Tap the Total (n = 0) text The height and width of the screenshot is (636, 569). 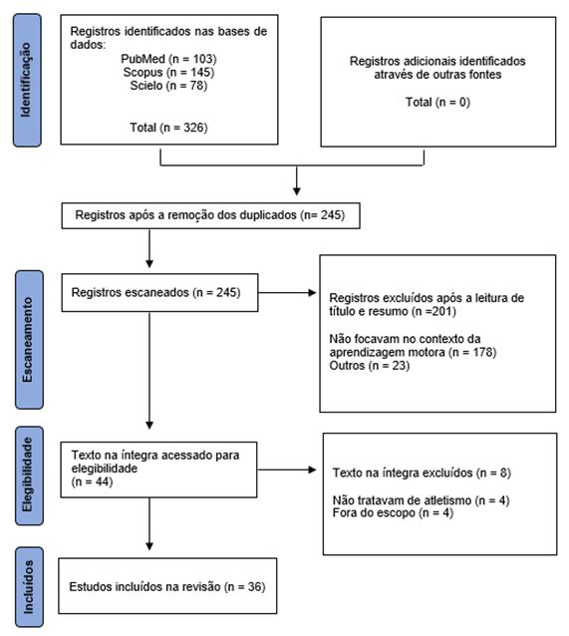436,102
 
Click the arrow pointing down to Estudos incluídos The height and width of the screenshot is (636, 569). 149,528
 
